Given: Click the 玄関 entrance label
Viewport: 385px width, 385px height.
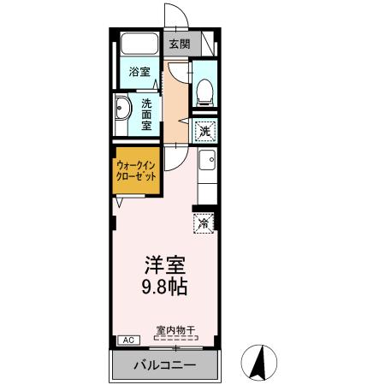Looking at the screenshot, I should click(179, 43).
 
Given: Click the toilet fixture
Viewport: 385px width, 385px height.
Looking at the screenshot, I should click(203, 90).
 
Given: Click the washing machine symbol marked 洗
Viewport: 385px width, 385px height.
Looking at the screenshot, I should click(204, 132).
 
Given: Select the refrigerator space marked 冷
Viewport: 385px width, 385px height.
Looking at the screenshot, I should click(204, 223).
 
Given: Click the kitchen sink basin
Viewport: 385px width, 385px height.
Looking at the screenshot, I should click(206, 159).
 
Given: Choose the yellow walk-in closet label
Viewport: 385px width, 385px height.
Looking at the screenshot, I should click(137, 173).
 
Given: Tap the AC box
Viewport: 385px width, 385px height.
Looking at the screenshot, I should click(124, 340).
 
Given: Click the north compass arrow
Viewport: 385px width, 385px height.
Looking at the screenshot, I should click(256, 363).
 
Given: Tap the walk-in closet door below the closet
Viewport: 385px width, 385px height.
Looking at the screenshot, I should click(122, 201).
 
